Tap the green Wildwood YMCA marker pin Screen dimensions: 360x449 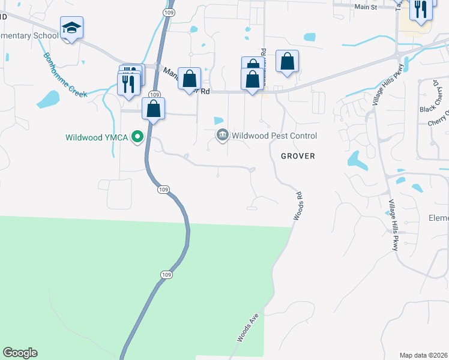click(137, 137)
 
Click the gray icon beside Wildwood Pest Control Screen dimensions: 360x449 click(223, 135)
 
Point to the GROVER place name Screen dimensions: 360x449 click(298, 156)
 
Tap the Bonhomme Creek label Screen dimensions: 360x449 click(65, 75)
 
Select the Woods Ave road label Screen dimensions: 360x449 click(247, 327)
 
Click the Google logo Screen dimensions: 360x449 click(20, 353)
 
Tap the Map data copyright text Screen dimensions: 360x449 click(423, 355)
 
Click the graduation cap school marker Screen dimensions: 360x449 click(71, 28)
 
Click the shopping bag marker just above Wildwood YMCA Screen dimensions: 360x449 click(154, 109)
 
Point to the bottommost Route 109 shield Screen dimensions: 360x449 click(167, 274)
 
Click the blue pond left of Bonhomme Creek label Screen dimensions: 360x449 click(49, 98)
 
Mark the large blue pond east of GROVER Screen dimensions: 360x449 click(357, 160)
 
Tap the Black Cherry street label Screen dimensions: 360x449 click(433, 109)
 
